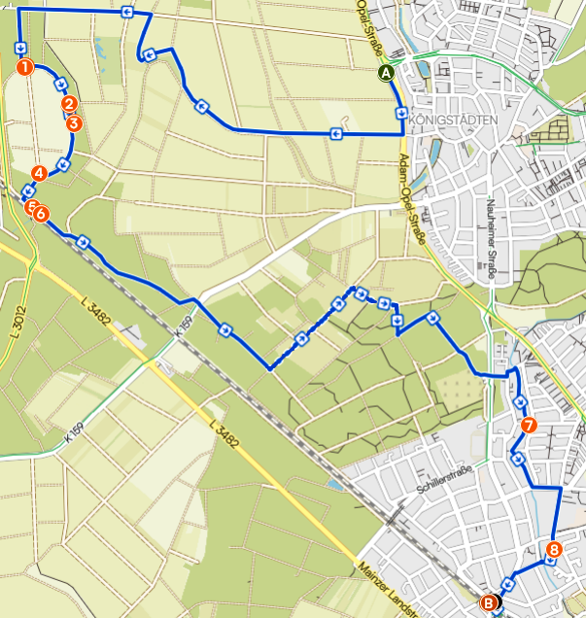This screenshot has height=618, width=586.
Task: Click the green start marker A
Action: pos(387,72)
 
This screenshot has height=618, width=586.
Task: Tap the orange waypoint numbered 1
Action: pos(25,67)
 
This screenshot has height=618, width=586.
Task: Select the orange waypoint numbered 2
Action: pos(68,104)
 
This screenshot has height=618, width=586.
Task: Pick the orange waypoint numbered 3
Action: pos(73,122)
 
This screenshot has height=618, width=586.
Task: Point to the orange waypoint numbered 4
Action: pos(39,173)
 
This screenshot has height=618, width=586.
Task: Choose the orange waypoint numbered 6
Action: pos(42,214)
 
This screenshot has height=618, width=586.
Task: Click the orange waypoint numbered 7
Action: pos(528,426)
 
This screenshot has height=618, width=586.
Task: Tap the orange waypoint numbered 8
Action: pos(553,550)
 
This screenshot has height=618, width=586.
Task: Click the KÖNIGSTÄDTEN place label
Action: pos(455,120)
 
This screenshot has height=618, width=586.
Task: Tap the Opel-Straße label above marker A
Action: pos(381,29)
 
